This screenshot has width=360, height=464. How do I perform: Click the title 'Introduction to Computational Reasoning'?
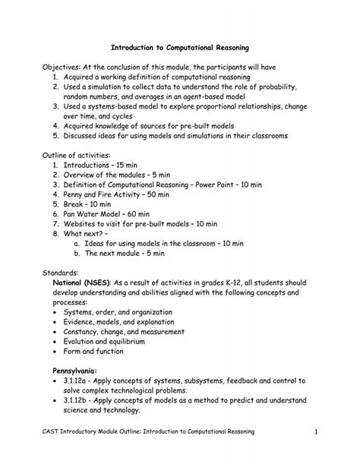180,48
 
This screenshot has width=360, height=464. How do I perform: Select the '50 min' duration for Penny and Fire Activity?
175,195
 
